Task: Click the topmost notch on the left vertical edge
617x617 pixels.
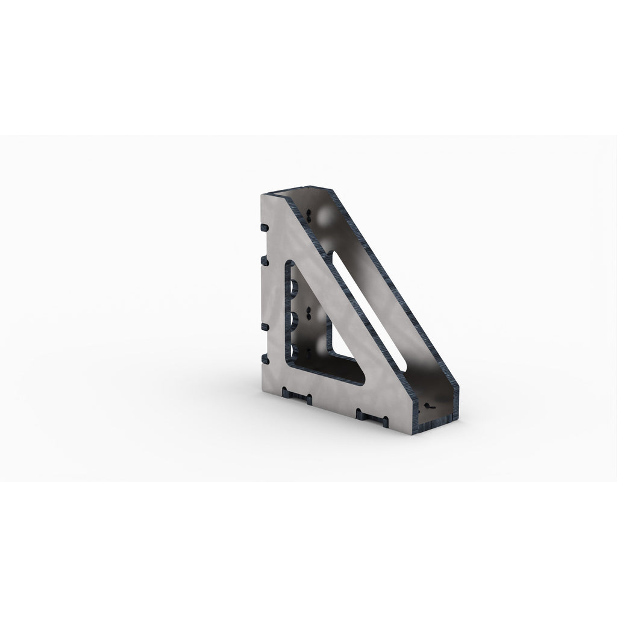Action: pos(263,228)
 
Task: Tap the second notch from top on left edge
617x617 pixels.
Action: pos(263,260)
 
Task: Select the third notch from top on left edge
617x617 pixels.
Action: pos(263,327)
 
